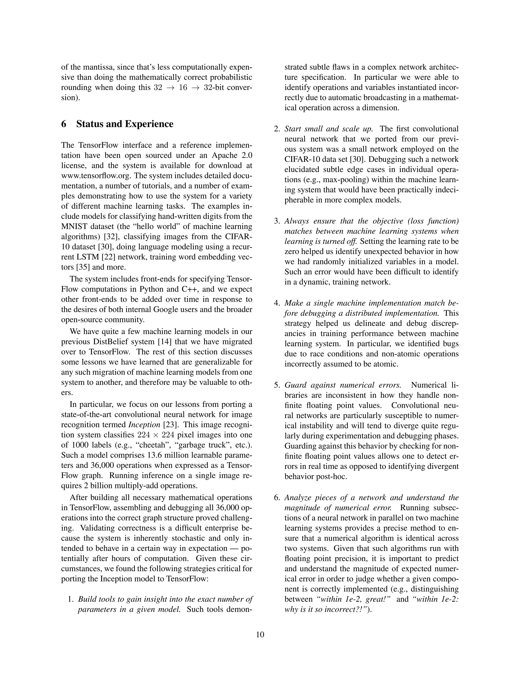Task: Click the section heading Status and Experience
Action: [124, 124]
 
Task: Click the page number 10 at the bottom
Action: [260, 634]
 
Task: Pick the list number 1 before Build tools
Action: [70, 599]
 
